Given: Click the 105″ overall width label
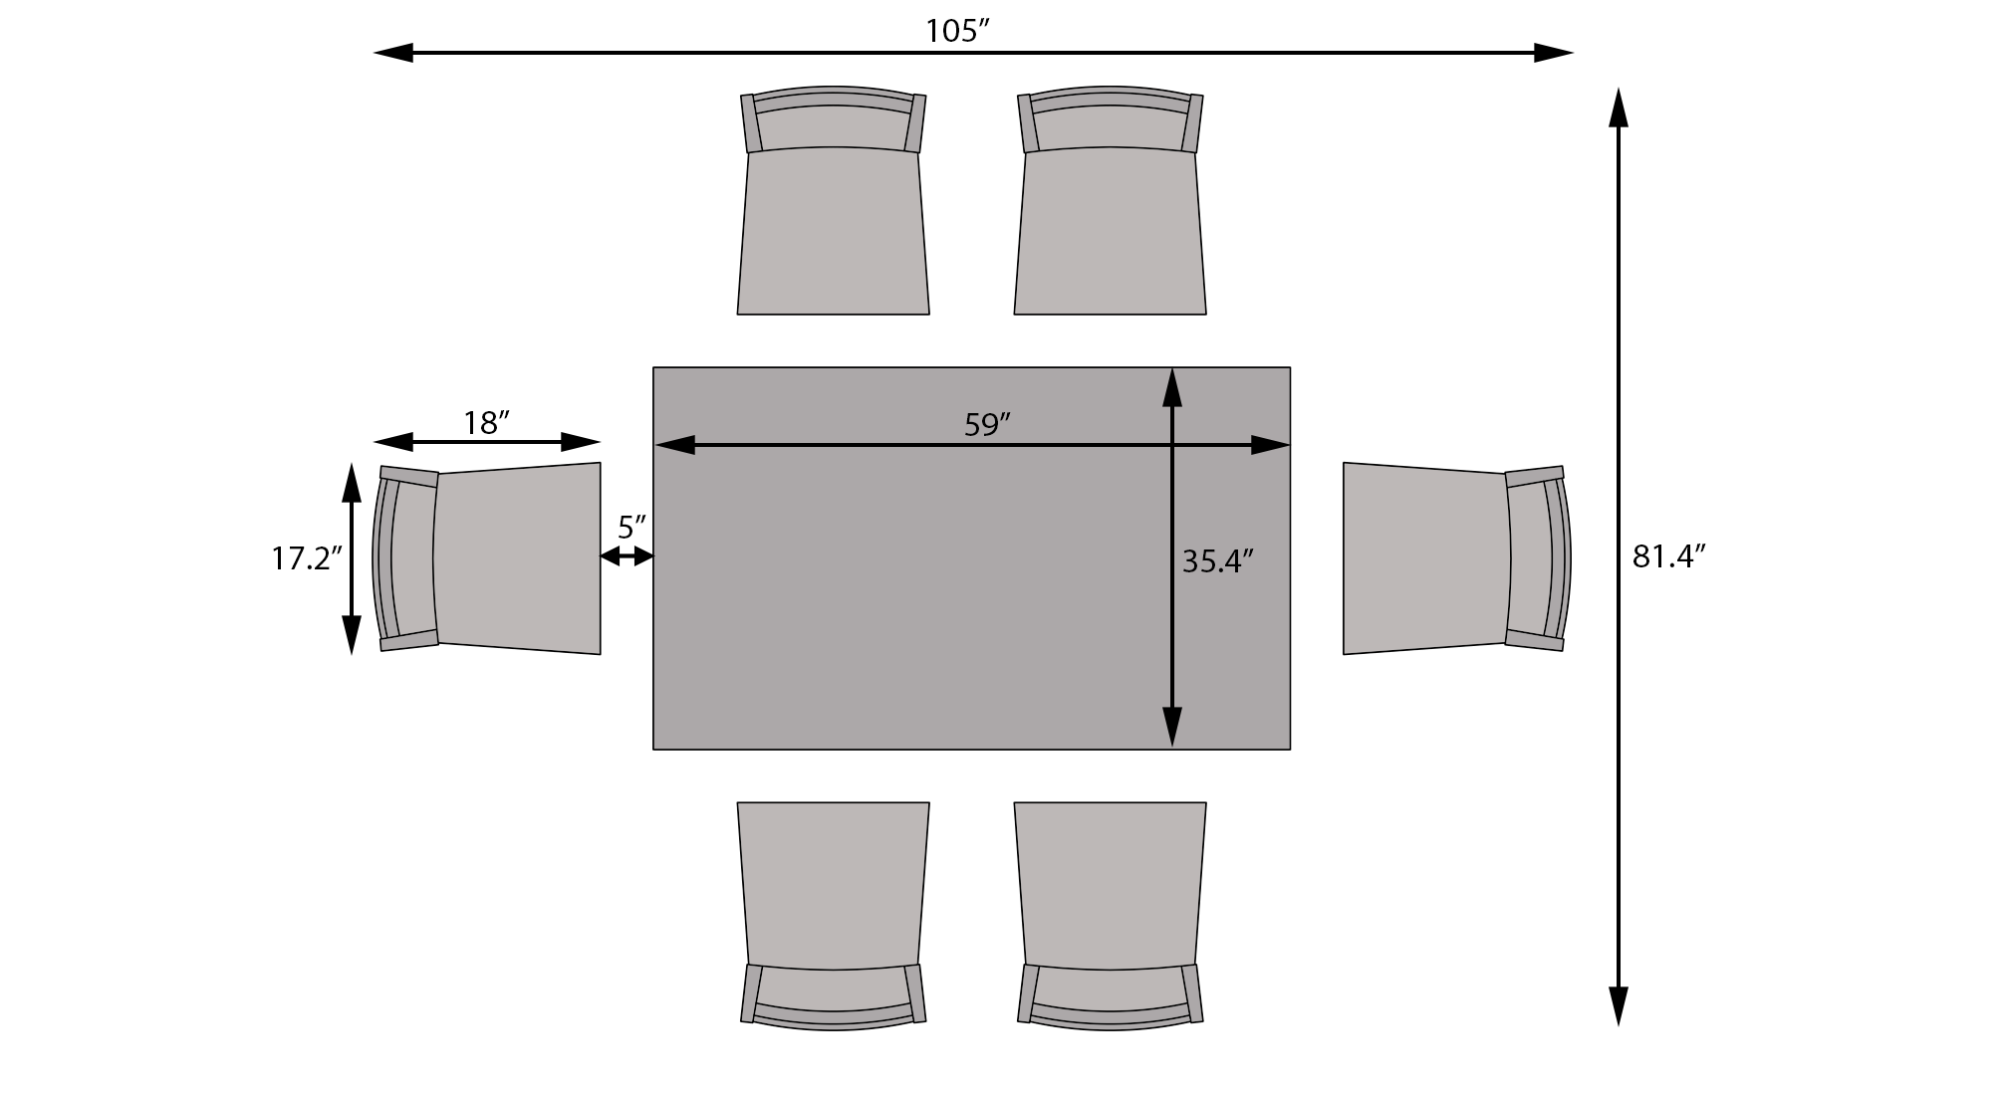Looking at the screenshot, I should (x=956, y=32).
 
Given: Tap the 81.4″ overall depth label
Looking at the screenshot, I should (x=1669, y=556).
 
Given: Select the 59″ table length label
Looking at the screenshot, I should (x=987, y=425).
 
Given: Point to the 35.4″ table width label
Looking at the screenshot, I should (x=1216, y=561).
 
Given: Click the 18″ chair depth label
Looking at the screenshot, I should (x=486, y=424).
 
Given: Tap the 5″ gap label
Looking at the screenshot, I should (x=631, y=527).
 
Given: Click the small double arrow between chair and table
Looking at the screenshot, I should (x=627, y=557).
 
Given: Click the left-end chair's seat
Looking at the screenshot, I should (x=518, y=558).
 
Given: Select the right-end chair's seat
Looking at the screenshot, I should (x=1424, y=558).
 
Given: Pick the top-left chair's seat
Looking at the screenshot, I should (x=834, y=232).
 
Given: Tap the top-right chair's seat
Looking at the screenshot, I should (x=1110, y=232).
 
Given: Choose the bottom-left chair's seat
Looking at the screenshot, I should (x=834, y=884).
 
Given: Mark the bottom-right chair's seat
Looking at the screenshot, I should (x=1110, y=884).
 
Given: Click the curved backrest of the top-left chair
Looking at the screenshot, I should (x=834, y=97).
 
